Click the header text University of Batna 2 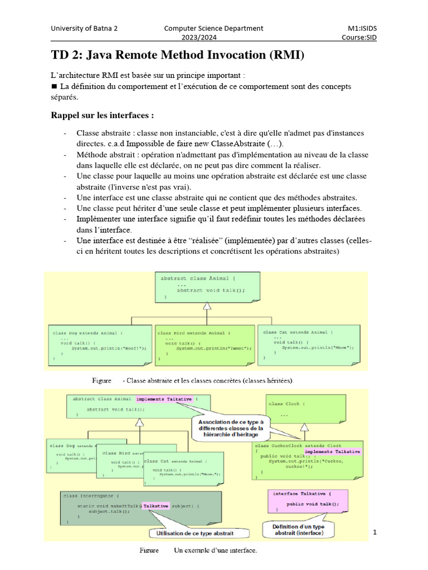(84, 28)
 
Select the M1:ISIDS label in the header (366, 28)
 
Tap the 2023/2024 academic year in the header (196, 38)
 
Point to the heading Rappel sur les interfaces (102, 116)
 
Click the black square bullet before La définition (54, 86)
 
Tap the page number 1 (375, 533)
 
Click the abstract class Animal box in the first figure (207, 287)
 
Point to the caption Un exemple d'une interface (215, 551)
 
